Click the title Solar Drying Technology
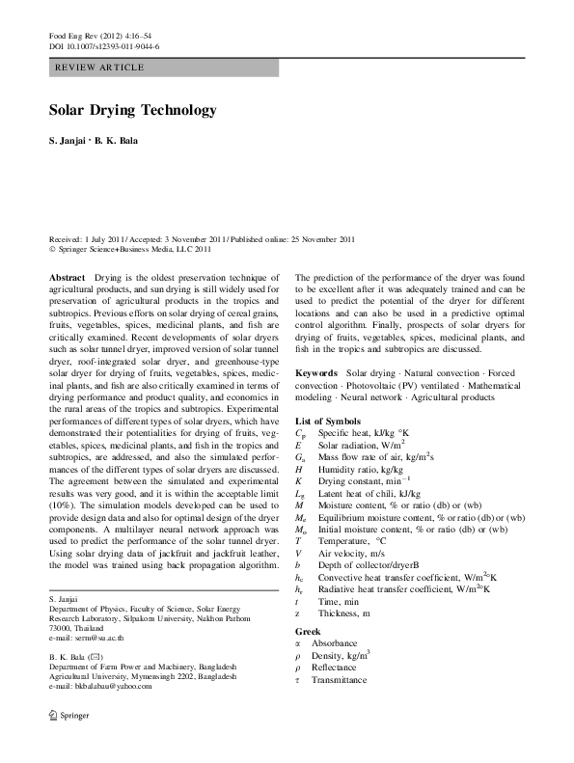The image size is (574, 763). pos(132,111)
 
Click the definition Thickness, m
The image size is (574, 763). pos(346,613)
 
